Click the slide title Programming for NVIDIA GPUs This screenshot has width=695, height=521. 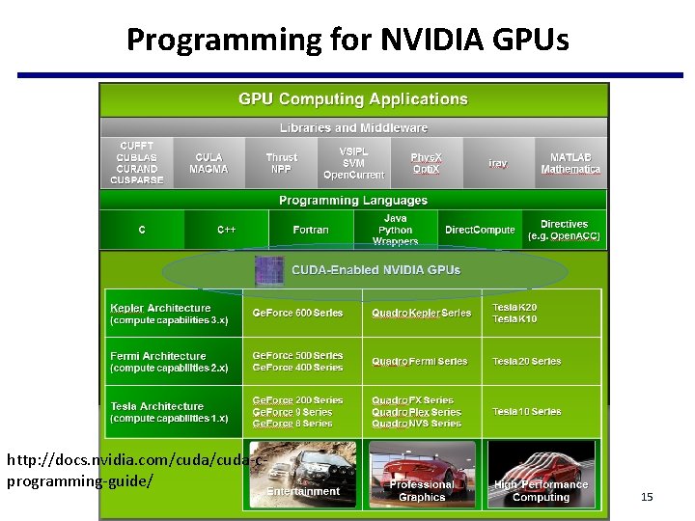[347, 40]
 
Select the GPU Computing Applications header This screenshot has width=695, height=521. [353, 99]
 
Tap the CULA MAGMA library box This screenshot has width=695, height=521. [208, 163]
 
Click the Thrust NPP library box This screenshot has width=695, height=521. [282, 163]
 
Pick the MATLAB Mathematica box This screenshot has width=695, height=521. [570, 163]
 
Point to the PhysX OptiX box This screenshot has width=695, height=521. [426, 163]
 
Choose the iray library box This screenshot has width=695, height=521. [497, 164]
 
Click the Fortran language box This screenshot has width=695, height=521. [311, 231]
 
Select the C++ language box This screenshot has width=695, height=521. [227, 231]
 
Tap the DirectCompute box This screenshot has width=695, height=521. [480, 231]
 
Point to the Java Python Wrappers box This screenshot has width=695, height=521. [395, 231]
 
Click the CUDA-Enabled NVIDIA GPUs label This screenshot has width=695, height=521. [375, 271]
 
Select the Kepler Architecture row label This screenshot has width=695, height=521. [170, 314]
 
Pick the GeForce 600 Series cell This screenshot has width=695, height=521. [298, 314]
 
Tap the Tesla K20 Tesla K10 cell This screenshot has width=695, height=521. [514, 314]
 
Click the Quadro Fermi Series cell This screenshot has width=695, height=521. [419, 362]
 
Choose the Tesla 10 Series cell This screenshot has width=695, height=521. [526, 412]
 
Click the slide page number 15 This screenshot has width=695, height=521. [647, 497]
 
